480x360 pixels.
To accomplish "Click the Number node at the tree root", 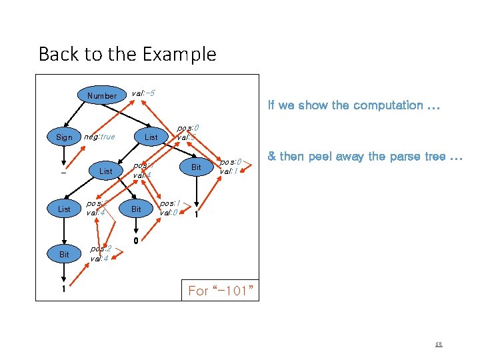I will [102, 95].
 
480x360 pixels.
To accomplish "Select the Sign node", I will [64, 137].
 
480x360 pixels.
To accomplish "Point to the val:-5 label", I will [144, 93].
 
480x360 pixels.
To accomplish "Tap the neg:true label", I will [99, 137].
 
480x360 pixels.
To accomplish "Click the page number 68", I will [439, 345].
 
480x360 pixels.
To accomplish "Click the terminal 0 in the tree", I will [135, 241].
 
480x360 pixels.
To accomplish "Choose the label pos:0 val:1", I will [230, 165].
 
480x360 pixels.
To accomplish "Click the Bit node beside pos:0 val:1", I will [196, 167].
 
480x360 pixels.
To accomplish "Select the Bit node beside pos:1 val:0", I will [136, 209].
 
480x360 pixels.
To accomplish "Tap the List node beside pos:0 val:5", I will [151, 137].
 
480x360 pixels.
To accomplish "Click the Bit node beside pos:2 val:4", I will [64, 255].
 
